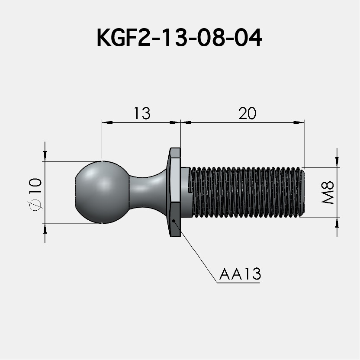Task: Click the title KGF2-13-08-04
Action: click(180, 39)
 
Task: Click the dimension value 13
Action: click(141, 113)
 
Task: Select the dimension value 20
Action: click(247, 113)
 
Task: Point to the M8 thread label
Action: click(328, 193)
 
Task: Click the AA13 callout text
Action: click(240, 275)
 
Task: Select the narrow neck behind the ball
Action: click(145, 192)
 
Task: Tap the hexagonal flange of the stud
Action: click(174, 192)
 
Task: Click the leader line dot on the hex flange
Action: click(174, 221)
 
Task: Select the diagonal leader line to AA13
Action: click(195, 251)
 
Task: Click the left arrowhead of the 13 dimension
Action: click(105, 123)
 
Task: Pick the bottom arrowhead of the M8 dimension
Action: click(337, 221)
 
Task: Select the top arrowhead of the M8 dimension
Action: click(337, 163)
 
